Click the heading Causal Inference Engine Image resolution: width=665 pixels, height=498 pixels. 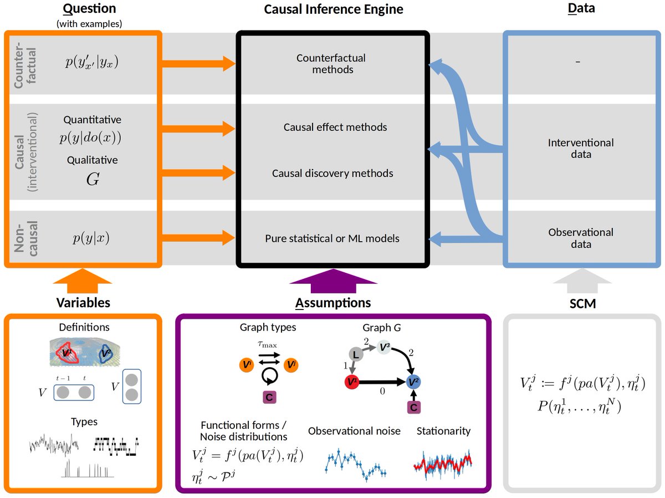333,9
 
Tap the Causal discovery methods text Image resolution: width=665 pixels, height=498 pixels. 332,174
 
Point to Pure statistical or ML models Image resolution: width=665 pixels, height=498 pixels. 332,239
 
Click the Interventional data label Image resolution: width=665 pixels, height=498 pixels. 580,148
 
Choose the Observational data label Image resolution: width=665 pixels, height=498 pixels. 580,238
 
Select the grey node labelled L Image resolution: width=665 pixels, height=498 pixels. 356,353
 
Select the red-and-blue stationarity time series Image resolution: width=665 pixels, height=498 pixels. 443,461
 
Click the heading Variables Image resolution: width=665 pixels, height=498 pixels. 83,302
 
